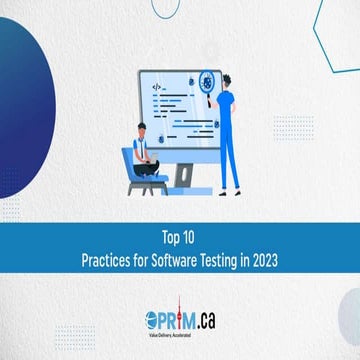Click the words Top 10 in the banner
click(180, 239)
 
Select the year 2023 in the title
click(264, 257)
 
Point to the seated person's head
click(142, 129)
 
